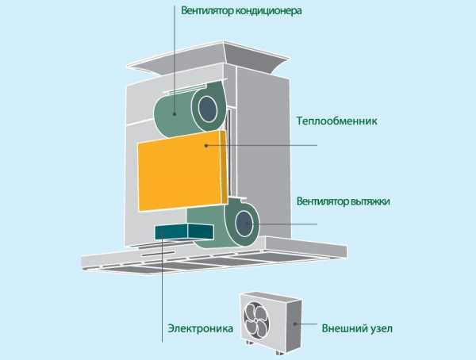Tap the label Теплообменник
337,122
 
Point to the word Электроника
199,327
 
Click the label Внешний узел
356,327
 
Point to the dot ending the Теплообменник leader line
205,145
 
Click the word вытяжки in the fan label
370,201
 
